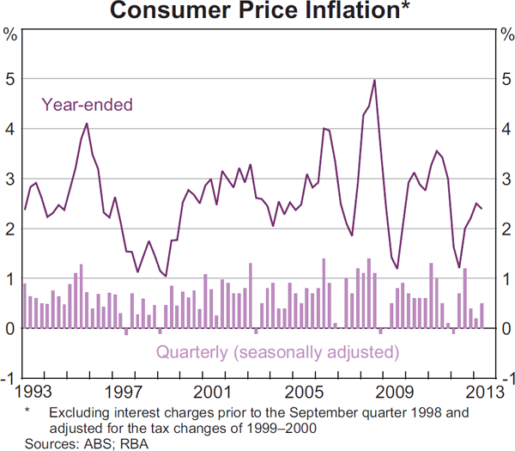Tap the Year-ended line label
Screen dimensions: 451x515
click(88, 106)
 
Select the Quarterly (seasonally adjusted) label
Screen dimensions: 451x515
click(277, 352)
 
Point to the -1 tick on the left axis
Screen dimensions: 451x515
click(9, 379)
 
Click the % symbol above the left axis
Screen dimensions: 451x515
click(10, 35)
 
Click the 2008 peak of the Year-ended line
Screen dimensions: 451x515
click(374, 80)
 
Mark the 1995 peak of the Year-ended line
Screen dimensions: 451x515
click(86, 124)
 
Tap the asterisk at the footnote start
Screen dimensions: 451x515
click(27, 412)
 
